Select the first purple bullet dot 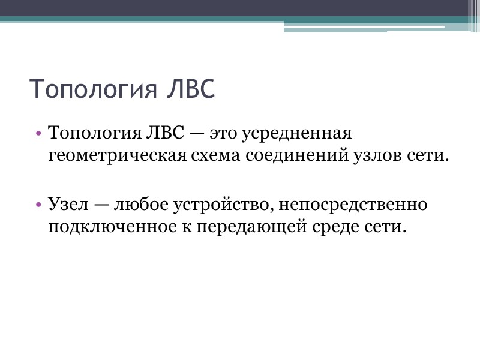coord(39,133)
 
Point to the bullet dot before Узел coord(39,206)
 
